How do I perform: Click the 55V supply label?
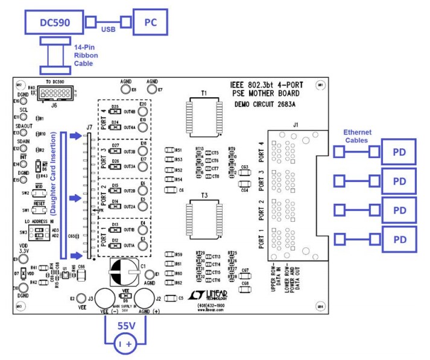click(126, 325)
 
